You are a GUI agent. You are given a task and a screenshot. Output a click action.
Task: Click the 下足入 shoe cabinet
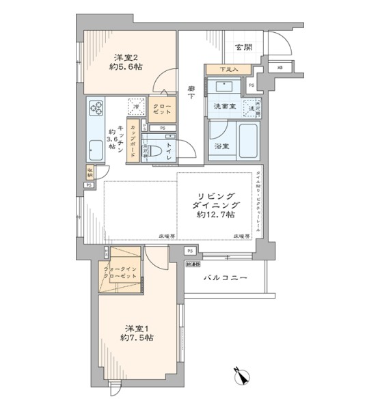coord(229,70)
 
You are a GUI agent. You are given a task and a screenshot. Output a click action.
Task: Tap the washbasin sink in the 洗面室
coord(223,86)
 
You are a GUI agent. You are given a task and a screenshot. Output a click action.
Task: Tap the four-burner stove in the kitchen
coord(95,107)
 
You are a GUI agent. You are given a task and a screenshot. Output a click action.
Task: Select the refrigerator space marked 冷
coord(136,107)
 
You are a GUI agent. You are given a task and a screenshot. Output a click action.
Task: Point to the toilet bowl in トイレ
coord(155,151)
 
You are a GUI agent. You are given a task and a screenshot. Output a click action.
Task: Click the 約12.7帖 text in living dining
coord(213,215)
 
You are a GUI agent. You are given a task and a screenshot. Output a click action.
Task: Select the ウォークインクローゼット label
coord(120,272)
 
